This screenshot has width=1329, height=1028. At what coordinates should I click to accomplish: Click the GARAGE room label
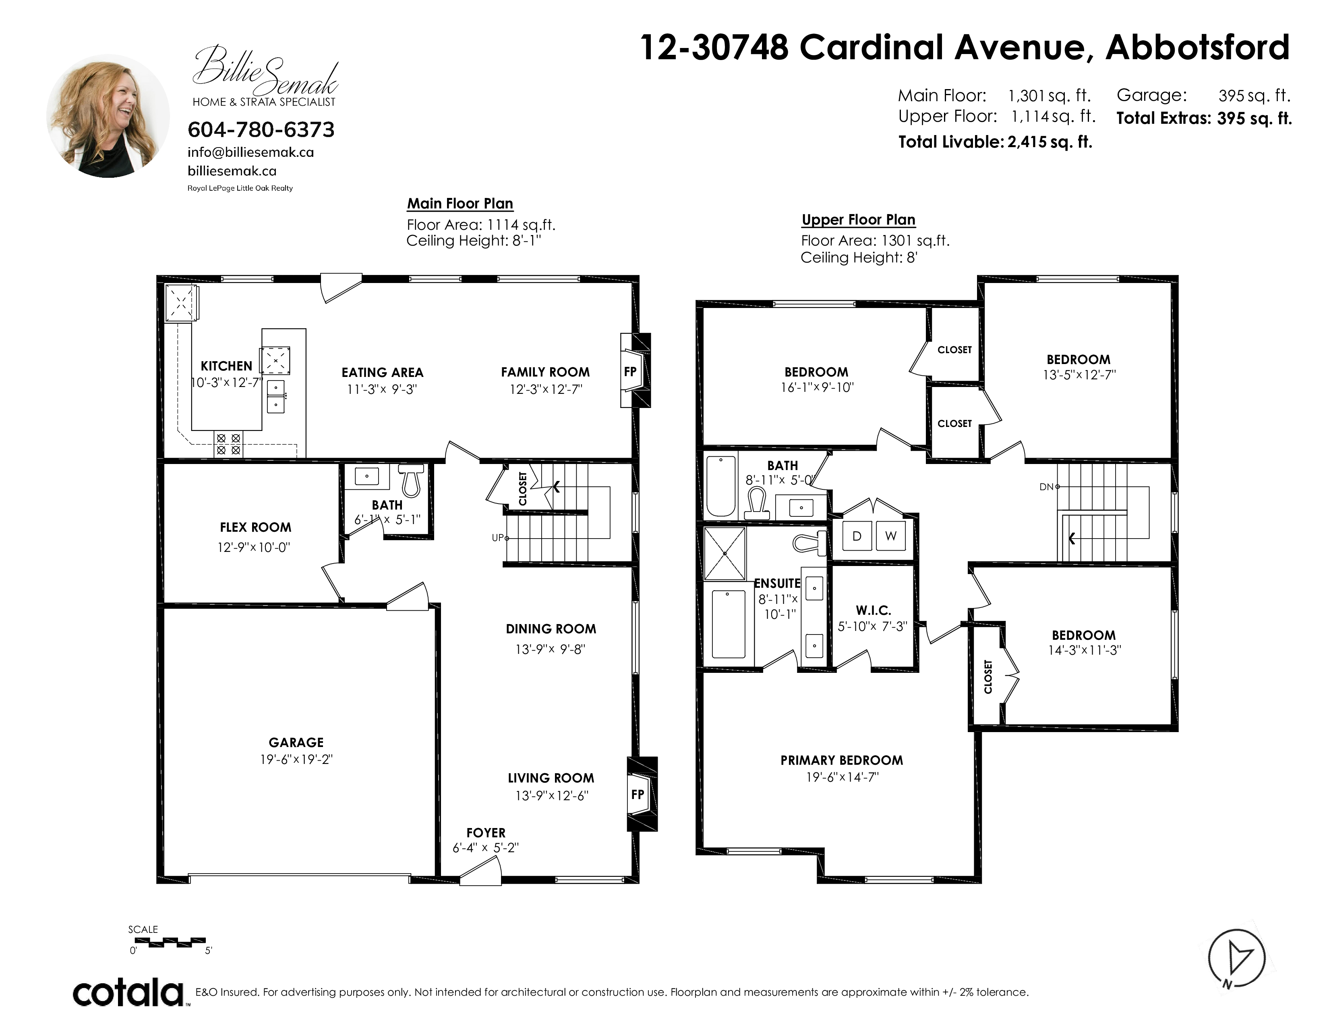click(x=296, y=742)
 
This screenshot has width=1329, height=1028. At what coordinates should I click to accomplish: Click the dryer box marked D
click(x=857, y=536)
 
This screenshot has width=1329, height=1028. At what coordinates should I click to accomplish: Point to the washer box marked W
click(x=891, y=536)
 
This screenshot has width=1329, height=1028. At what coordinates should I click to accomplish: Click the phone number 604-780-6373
click(x=261, y=130)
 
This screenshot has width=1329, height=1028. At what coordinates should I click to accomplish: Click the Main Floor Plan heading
click(x=460, y=204)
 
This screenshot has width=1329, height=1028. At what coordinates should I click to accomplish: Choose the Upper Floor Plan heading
click(x=859, y=220)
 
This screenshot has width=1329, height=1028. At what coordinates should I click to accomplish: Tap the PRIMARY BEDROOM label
click(x=842, y=760)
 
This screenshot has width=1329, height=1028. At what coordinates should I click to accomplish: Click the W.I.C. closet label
click(x=873, y=610)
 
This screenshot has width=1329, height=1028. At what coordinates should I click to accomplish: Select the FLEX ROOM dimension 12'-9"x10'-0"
click(x=254, y=547)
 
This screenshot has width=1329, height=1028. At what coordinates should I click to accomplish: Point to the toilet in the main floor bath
click(x=411, y=479)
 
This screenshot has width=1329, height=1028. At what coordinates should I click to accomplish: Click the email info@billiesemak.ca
click(x=251, y=152)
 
